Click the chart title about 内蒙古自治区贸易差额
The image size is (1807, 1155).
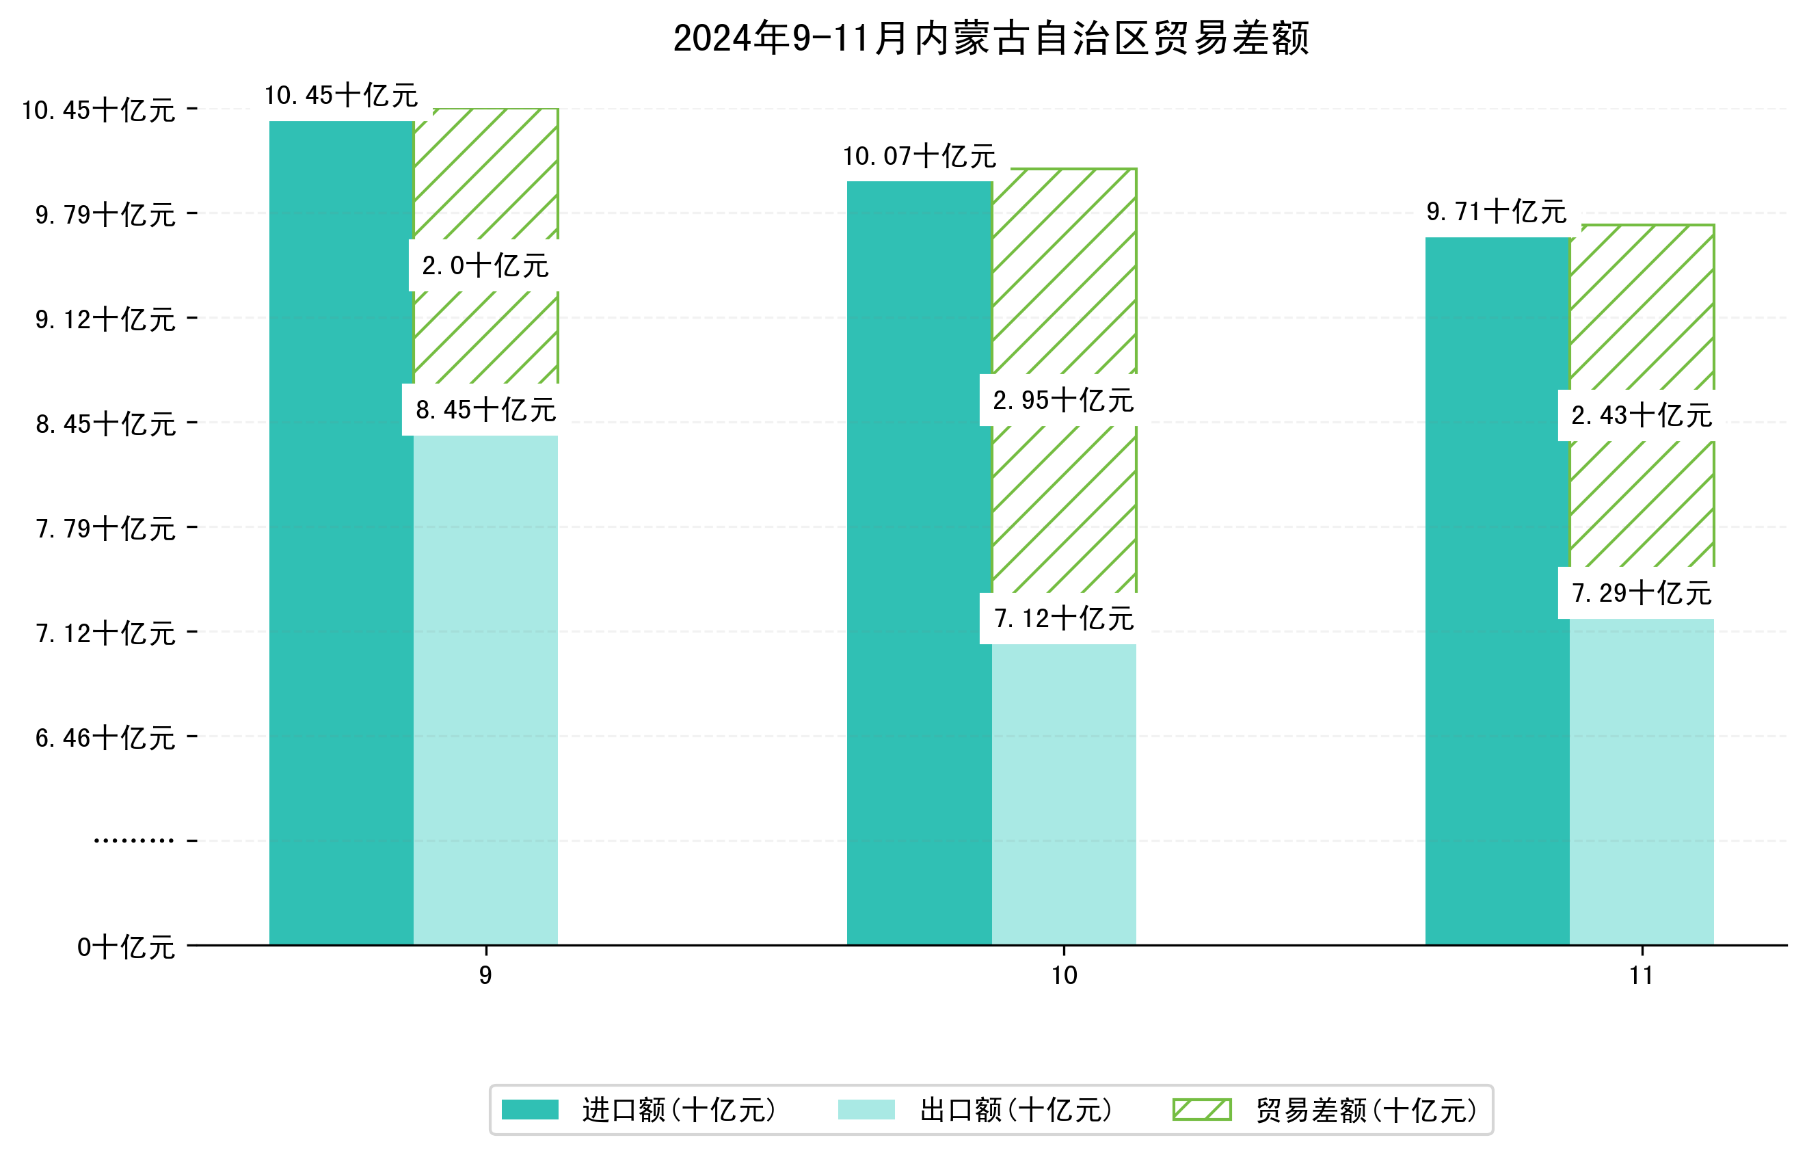point(991,38)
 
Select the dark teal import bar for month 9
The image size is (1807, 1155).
point(341,533)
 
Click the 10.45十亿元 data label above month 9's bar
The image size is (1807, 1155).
point(341,95)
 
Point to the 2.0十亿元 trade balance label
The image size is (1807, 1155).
point(485,266)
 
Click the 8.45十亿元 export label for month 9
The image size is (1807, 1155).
point(485,410)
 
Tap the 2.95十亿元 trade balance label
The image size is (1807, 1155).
point(1062,401)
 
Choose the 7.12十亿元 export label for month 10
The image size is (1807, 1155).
point(1063,618)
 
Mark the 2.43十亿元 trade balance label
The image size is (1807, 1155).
point(1641,415)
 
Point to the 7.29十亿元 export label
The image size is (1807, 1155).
point(1641,593)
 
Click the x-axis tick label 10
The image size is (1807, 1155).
point(1063,976)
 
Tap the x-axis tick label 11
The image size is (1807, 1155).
point(1641,976)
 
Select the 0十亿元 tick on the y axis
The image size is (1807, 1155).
point(126,947)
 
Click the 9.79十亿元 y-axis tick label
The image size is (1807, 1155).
point(105,215)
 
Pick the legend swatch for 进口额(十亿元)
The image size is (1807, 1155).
point(530,1109)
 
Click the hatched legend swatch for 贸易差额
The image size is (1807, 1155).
point(1201,1109)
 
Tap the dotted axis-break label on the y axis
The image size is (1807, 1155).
point(133,840)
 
